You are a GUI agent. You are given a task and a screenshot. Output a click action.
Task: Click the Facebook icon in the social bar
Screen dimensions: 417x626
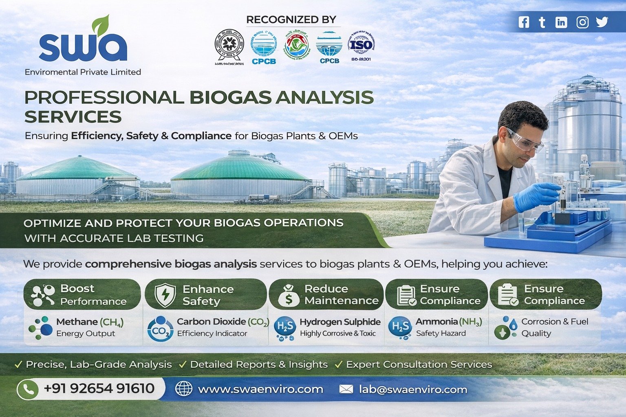(x=524, y=22)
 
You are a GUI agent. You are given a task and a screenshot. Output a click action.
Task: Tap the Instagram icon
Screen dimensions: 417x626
(x=582, y=22)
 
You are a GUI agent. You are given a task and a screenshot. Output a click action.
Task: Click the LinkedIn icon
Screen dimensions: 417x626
(x=561, y=22)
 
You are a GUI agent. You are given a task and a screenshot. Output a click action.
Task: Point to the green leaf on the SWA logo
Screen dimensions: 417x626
(x=100, y=24)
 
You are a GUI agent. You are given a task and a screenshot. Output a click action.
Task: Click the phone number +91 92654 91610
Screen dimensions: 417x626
(x=99, y=388)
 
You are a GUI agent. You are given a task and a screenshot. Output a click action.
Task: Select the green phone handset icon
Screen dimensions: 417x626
(x=28, y=389)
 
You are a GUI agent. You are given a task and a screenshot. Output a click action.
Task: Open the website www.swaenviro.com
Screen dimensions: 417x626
(x=260, y=389)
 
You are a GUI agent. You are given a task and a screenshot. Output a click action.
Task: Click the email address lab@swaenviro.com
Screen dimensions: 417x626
(x=413, y=389)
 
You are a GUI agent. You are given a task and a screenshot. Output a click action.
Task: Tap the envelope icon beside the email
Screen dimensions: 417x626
(x=346, y=389)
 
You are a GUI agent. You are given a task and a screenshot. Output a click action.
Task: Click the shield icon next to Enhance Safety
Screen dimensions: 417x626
(x=165, y=295)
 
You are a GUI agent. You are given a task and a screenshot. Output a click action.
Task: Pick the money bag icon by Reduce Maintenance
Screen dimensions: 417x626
(x=289, y=295)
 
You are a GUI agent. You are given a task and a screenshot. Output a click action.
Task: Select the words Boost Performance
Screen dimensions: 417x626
(x=93, y=295)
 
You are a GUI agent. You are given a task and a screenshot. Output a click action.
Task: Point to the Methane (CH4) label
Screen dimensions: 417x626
(x=90, y=322)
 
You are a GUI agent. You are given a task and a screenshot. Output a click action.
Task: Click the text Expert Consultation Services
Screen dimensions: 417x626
(x=419, y=364)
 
